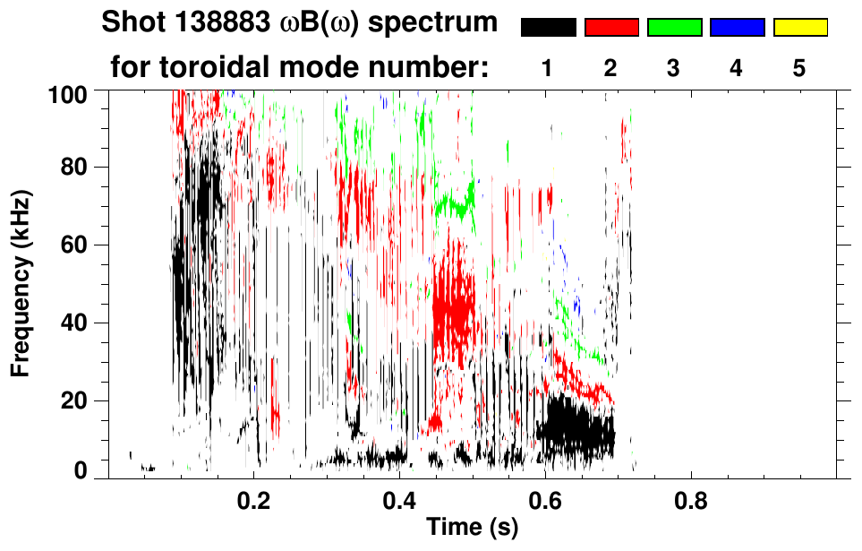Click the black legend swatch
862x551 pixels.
click(549, 28)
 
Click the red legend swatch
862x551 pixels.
click(611, 28)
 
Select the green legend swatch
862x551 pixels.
click(674, 28)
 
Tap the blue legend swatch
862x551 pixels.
click(737, 28)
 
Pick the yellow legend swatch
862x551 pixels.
click(799, 28)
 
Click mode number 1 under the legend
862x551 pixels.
click(547, 69)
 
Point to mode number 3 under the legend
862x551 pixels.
click(673, 69)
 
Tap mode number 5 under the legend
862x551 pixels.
click(798, 69)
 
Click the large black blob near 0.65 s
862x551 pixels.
click(577, 427)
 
